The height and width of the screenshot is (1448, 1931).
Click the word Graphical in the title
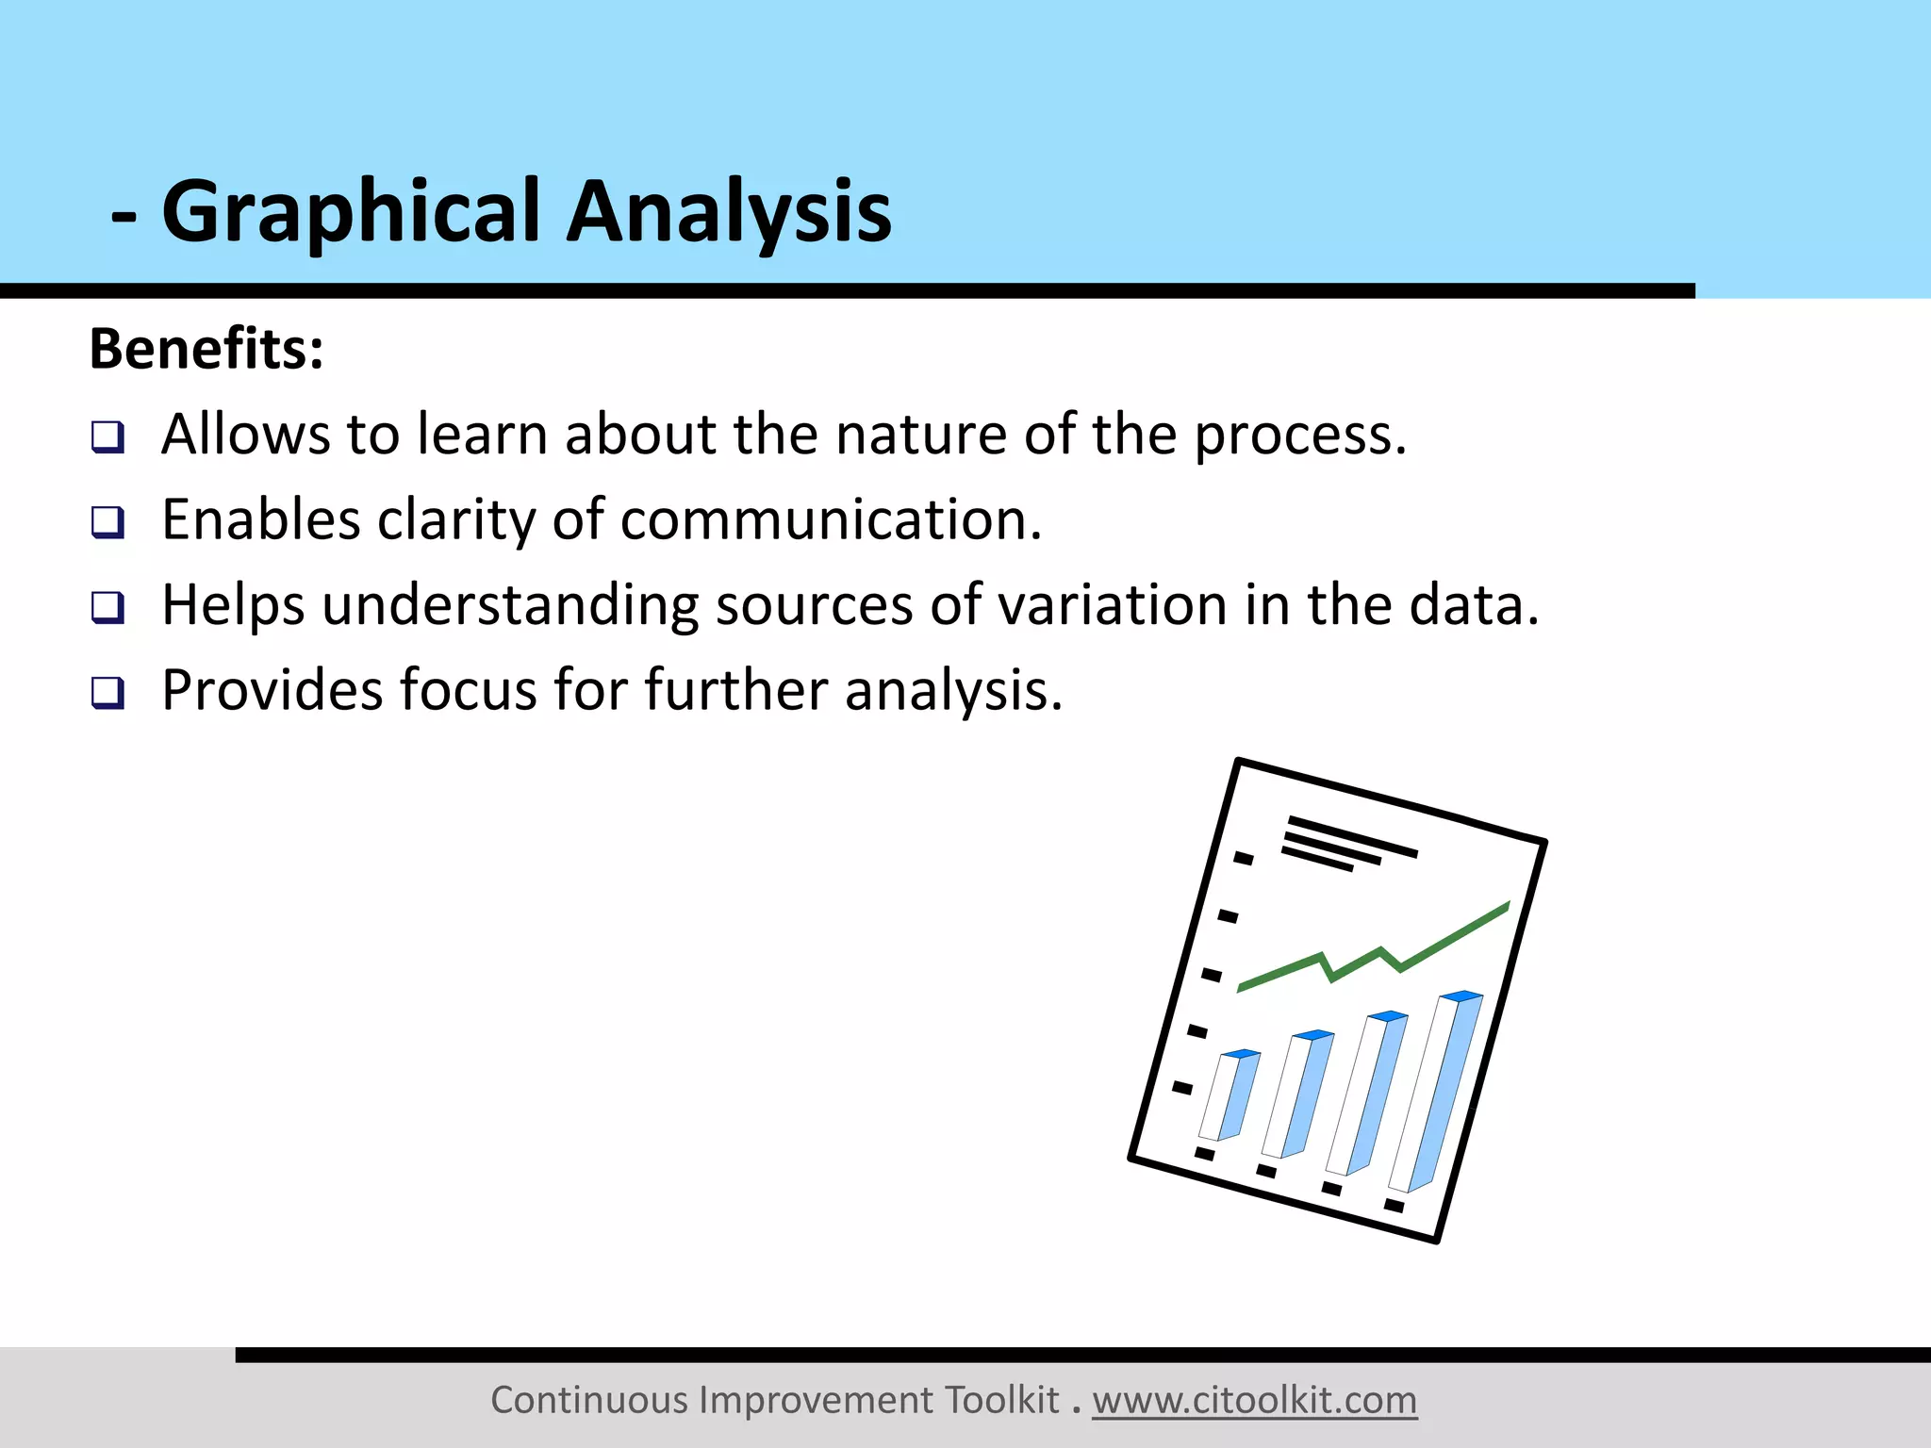coord(351,213)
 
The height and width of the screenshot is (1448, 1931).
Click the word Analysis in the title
coord(728,213)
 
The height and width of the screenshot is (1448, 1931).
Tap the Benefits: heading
coord(206,349)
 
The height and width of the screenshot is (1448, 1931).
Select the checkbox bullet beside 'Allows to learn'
coord(107,437)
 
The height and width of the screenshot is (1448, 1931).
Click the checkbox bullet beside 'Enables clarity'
coord(107,522)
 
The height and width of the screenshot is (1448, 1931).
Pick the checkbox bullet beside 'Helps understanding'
coord(107,607)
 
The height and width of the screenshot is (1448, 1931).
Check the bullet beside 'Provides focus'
coord(107,693)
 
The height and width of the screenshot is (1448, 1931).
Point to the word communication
coord(830,520)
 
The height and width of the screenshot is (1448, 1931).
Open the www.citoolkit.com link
coord(1254,1400)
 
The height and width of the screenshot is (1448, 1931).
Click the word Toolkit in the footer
coord(1001,1400)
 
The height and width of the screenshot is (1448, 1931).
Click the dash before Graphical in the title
coord(124,217)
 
